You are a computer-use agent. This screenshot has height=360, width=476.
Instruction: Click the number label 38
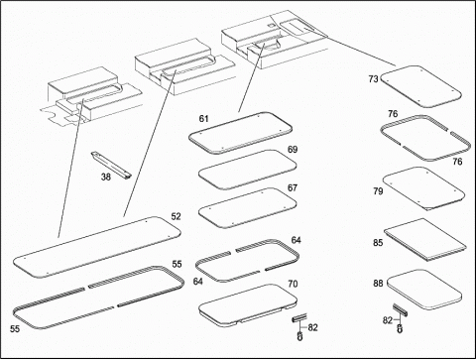[106, 178]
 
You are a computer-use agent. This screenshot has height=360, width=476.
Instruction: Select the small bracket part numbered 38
[111, 166]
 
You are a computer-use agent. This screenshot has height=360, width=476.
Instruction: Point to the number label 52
[177, 216]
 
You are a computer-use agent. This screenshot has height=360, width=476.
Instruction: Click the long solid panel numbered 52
[97, 247]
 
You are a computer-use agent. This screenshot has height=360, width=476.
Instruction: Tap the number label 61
[204, 119]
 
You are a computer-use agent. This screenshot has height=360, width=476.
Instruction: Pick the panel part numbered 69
[247, 170]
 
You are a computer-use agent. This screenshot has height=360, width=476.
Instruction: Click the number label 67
[293, 188]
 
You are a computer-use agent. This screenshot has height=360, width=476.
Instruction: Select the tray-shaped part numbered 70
[248, 305]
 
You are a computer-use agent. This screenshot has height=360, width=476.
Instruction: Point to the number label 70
[293, 284]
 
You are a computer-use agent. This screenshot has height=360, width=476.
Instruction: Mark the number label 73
[374, 79]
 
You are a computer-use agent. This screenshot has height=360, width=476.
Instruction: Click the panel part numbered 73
[420, 86]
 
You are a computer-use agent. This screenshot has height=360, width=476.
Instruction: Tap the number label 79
[378, 191]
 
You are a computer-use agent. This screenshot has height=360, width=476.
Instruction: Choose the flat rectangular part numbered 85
[425, 239]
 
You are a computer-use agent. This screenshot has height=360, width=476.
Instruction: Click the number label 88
[378, 284]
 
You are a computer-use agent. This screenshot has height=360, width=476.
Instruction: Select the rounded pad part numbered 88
[424, 290]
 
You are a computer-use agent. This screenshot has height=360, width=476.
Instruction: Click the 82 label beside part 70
[312, 327]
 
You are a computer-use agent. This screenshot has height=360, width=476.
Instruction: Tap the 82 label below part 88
[388, 320]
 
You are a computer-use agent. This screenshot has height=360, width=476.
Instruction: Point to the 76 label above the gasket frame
[393, 114]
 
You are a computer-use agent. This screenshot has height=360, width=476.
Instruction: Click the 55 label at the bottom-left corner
[15, 329]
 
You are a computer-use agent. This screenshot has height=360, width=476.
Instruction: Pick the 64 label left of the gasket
[198, 282]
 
